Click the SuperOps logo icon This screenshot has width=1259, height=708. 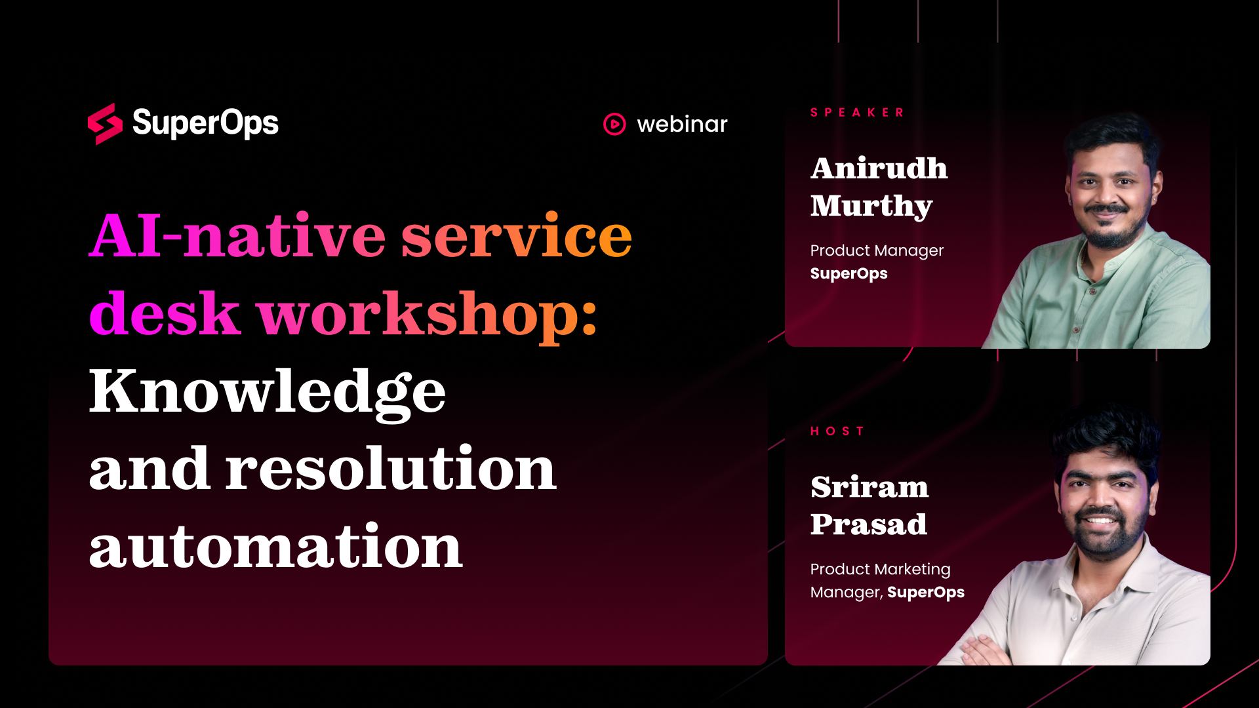pos(105,124)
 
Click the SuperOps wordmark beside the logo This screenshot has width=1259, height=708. pos(205,123)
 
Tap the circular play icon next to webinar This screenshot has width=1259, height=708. pos(614,124)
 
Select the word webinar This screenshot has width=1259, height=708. pos(682,124)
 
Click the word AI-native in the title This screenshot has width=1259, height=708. pos(237,235)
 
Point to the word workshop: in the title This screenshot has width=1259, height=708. pos(427,315)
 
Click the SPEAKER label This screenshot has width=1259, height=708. pos(857,113)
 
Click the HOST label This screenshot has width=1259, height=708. pos(837,431)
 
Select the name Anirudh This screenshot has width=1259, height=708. pos(879,168)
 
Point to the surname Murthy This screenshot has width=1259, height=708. pos(871,207)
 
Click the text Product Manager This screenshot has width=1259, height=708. pos(877,251)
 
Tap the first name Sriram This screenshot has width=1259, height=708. pos(869,487)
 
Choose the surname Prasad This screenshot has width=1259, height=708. pos(869,524)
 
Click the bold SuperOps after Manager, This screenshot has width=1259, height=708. pos(926,593)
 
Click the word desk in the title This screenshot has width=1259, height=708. pos(165,313)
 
